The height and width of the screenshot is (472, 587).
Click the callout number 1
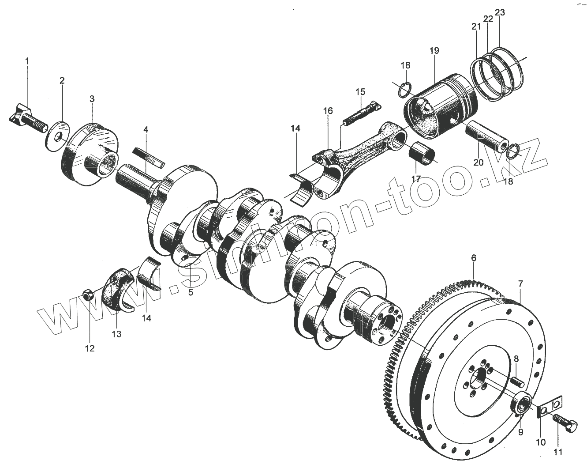coord(27,60)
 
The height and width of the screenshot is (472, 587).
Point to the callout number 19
coord(434,51)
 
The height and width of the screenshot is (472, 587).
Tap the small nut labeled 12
coord(87,294)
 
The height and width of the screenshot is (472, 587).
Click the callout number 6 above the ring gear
coord(473,258)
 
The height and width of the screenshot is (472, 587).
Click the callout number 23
coord(500,12)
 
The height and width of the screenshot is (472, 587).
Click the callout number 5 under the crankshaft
coord(191,292)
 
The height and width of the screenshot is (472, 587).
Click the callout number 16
coord(328,111)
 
